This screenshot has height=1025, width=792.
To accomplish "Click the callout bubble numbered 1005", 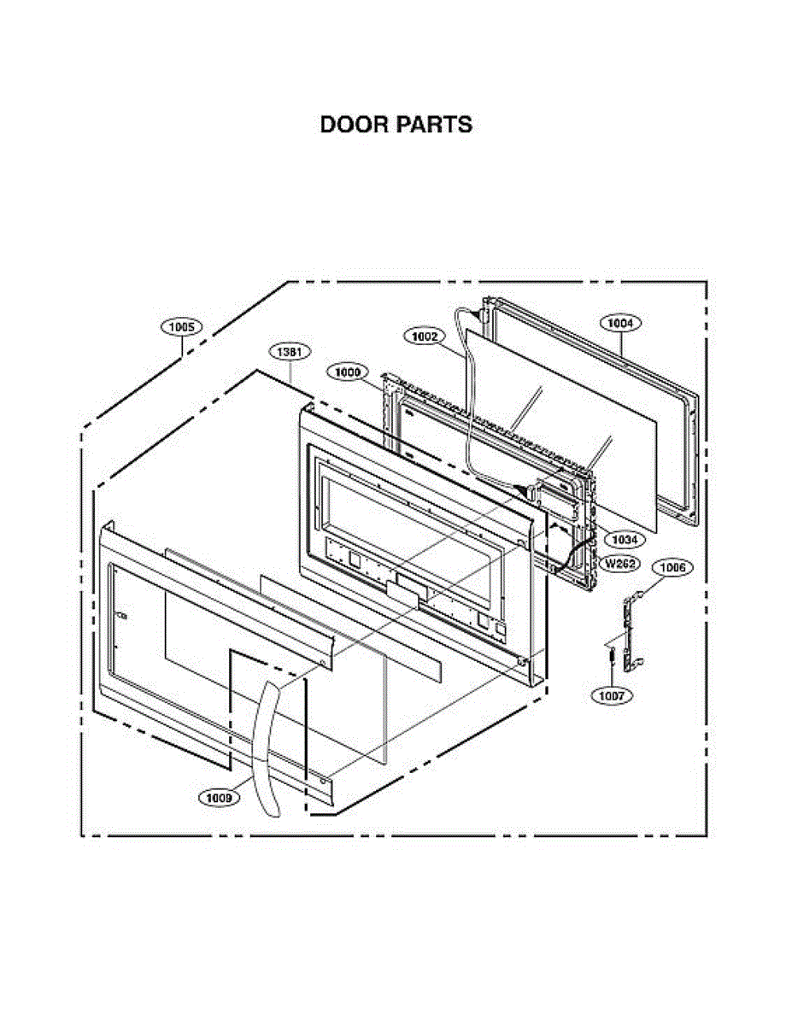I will pos(181,326).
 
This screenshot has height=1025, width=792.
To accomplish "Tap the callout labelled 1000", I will pos(349,372).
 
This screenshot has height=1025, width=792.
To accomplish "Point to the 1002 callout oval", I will pos(424,337).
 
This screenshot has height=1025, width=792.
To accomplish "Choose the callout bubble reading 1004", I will pos(621,323).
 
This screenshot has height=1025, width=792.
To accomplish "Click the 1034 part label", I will pos(622,540).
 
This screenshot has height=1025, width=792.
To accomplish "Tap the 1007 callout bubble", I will pos(612,695).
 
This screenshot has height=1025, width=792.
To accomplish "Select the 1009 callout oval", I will pos(220,798).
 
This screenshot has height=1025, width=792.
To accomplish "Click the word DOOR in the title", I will pos(353,125).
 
